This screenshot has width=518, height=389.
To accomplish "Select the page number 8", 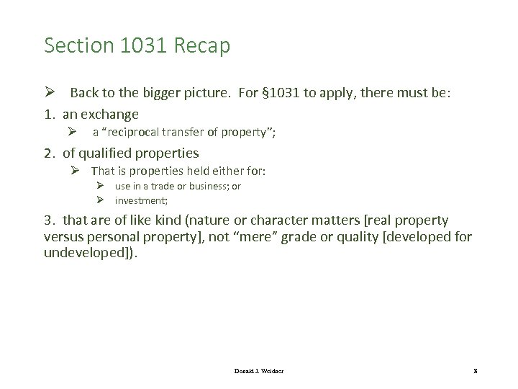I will [476, 370].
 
